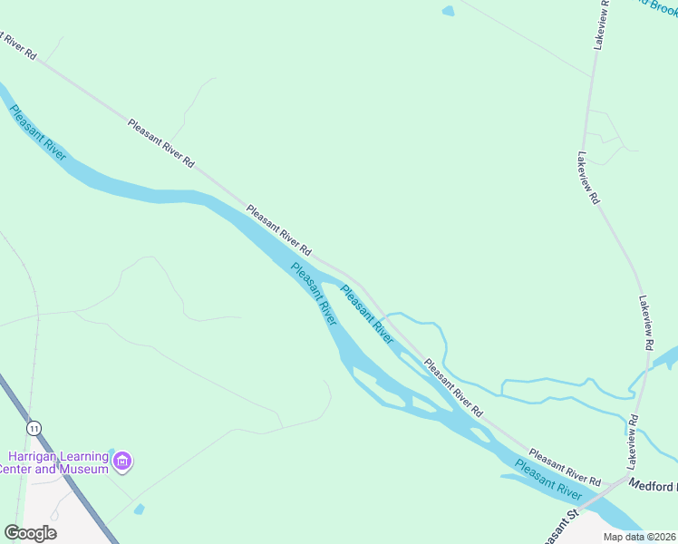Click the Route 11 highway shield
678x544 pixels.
[34, 427]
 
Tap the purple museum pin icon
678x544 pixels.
[124, 462]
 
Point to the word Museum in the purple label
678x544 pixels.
[83, 469]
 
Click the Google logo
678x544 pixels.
[30, 533]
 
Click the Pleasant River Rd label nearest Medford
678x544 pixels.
[565, 465]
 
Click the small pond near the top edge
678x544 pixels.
[448, 12]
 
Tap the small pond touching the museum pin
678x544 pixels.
[111, 452]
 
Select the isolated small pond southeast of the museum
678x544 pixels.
[138, 509]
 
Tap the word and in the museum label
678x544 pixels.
[48, 469]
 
